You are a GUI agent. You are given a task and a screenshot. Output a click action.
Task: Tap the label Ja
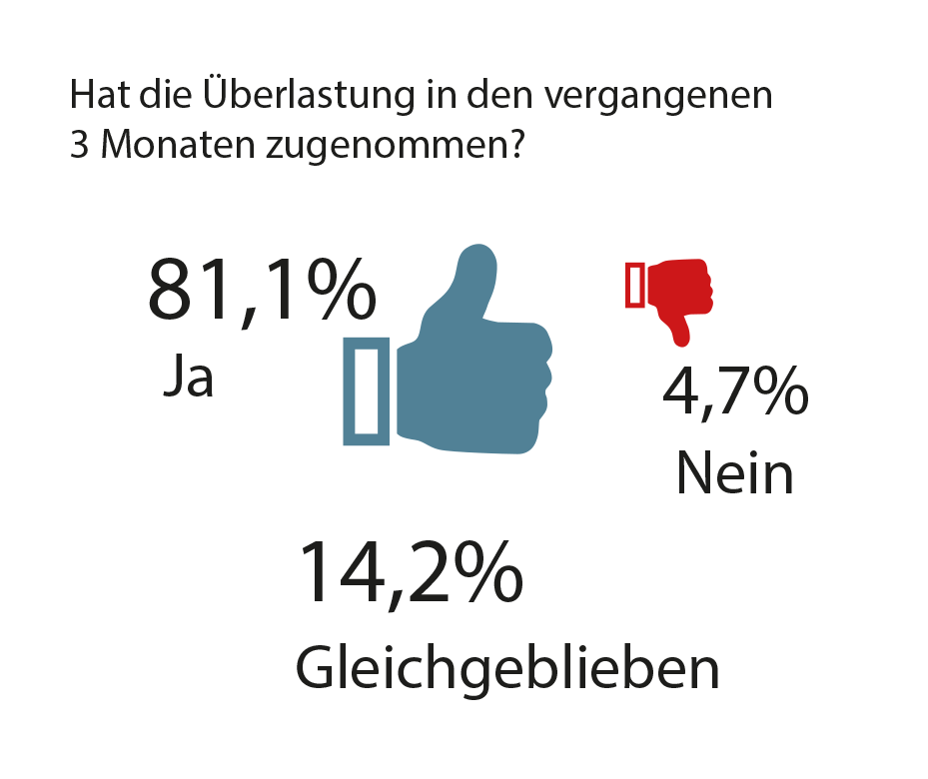188,376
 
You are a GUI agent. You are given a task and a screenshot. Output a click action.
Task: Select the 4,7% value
735,392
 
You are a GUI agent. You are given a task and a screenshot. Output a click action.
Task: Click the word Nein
734,473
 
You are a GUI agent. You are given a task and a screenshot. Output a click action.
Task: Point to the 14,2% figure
412,573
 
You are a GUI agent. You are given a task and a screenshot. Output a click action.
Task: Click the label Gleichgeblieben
507,668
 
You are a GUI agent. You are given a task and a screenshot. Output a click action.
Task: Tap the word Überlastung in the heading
309,94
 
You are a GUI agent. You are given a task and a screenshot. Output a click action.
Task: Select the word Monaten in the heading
178,145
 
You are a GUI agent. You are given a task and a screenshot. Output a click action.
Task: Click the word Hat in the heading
100,94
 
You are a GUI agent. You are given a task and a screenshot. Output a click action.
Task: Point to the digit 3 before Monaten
79,145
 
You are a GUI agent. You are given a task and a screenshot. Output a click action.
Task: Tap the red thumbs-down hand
680,293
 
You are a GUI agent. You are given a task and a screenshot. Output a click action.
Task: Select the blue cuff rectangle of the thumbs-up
367,390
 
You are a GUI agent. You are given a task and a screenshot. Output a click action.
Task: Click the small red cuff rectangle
635,285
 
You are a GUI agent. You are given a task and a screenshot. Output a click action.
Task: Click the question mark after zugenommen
516,145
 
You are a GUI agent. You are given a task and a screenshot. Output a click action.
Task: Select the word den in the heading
499,95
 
